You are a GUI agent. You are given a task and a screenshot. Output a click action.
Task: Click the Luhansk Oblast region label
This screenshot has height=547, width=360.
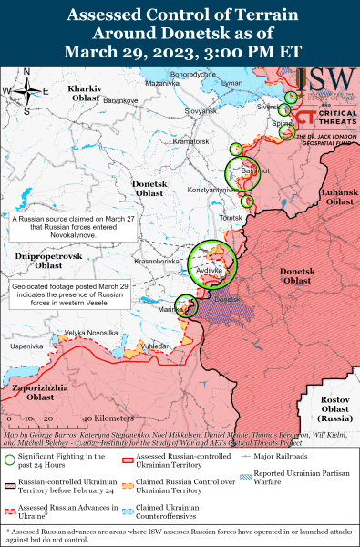(x=337, y=196)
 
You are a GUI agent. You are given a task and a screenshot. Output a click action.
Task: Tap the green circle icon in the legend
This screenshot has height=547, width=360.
(x=11, y=459)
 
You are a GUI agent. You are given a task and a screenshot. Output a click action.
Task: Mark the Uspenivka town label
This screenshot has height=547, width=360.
(x=26, y=346)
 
